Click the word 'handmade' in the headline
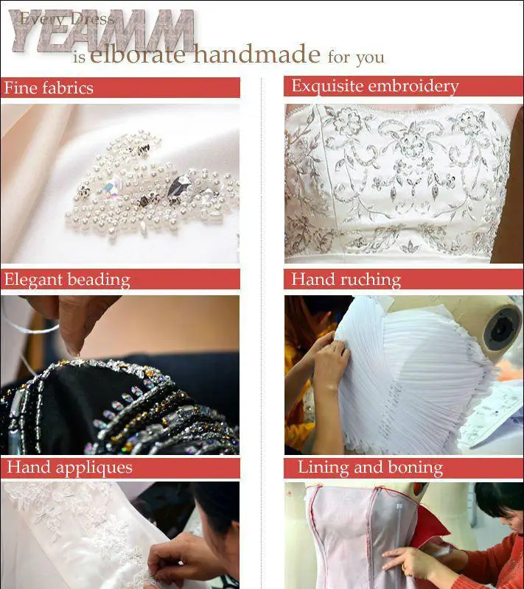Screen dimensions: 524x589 [256, 54]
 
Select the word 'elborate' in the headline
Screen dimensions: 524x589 [138, 54]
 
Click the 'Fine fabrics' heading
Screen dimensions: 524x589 [49, 88]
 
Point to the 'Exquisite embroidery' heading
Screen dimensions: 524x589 [375, 86]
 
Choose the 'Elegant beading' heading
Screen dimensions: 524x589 [67, 280]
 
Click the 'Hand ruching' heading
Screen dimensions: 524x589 [346, 280]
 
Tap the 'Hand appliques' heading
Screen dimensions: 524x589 [69, 468]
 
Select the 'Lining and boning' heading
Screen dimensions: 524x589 [370, 468]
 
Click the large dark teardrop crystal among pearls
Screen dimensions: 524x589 [179, 186]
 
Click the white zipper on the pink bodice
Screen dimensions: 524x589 [399, 526]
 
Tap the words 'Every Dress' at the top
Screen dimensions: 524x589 [66, 18]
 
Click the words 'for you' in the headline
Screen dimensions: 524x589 [356, 57]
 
